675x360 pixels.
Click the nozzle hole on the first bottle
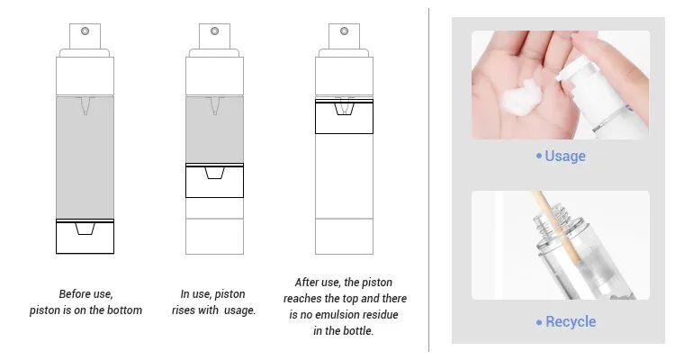pyautogui.click(x=85, y=31)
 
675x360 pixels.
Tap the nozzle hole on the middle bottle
pyautogui.click(x=215, y=31)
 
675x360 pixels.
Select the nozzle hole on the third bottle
pyautogui.click(x=345, y=31)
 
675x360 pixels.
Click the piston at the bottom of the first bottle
pyautogui.click(x=85, y=237)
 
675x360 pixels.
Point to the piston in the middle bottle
pyautogui.click(x=214, y=180)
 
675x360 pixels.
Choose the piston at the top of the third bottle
pyautogui.click(x=344, y=116)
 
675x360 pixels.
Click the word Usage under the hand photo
pyautogui.click(x=565, y=156)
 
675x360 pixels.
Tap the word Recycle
pyautogui.click(x=571, y=321)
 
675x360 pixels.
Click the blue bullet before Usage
pyautogui.click(x=539, y=156)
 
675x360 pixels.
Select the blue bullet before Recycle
pyautogui.click(x=539, y=322)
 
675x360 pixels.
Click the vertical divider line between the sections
pyautogui.click(x=428, y=180)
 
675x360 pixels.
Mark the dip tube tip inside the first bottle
pyautogui.click(x=85, y=112)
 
